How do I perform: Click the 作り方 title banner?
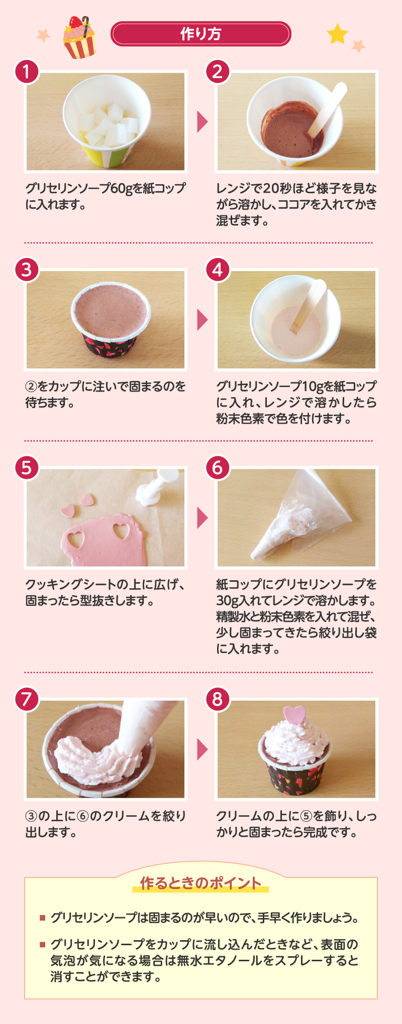click(x=200, y=34)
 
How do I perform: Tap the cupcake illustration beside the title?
click(x=79, y=38)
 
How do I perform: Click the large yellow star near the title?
click(x=338, y=34)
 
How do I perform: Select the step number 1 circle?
click(x=27, y=72)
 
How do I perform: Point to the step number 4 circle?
click(x=218, y=270)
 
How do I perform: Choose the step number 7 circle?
click(x=27, y=699)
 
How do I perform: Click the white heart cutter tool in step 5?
click(x=157, y=486)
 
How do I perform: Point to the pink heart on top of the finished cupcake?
click(x=294, y=715)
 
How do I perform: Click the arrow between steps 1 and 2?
click(x=202, y=121)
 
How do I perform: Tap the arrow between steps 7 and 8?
click(x=202, y=749)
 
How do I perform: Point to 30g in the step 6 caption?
click(x=227, y=601)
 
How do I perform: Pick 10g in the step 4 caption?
click(x=312, y=387)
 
